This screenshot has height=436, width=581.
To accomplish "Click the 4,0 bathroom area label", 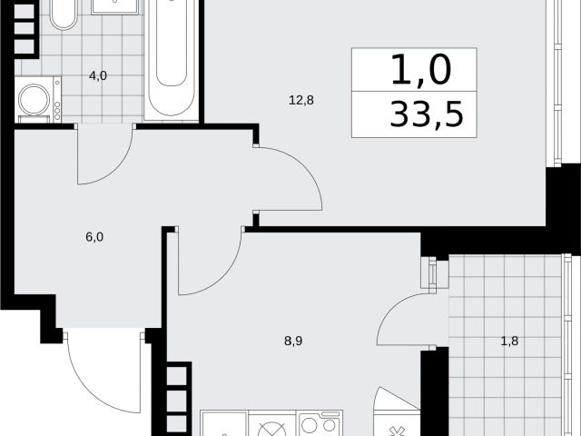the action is coord(98,76).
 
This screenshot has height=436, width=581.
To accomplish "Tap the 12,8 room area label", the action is coord(300,100).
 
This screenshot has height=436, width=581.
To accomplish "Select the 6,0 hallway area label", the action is coord(94,236).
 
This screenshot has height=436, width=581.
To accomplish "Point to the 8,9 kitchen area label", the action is coord(293,341).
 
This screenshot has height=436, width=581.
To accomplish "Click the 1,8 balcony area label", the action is coord(509,341).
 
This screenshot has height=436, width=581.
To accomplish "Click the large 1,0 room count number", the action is coord(421,69).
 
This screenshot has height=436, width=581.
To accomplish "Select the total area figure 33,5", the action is coord(427,114).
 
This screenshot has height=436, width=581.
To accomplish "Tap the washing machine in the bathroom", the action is coord(38,99).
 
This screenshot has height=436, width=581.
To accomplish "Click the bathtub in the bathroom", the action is coord(171,59).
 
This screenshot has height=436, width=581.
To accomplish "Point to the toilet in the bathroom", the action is coord(64,15).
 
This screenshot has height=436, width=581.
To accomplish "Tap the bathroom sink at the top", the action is coord(114,6).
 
